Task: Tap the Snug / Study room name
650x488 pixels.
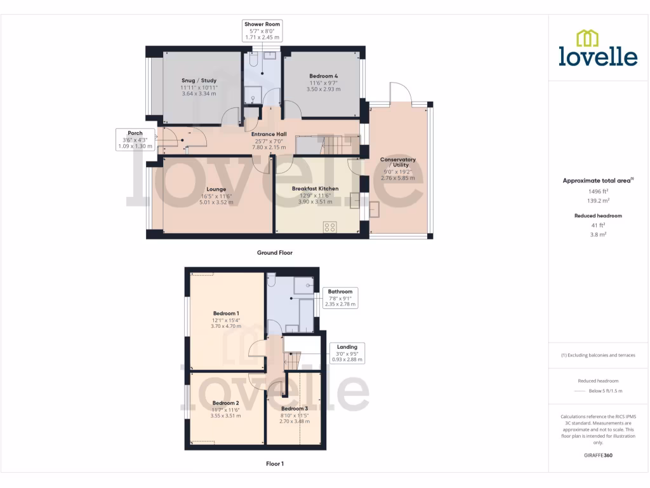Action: (x=199, y=81)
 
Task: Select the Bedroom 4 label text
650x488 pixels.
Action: (x=323, y=76)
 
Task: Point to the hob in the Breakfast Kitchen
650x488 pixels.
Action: (x=329, y=227)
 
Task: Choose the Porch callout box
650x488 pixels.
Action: (x=135, y=140)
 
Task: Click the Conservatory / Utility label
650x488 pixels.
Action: (x=397, y=162)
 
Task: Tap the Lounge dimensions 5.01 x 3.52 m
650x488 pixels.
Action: (x=216, y=203)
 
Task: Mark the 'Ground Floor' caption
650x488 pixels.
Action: (x=274, y=252)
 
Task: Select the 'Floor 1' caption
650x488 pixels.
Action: (x=274, y=464)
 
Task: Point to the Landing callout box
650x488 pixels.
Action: (x=347, y=353)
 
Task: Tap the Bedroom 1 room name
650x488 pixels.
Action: (x=225, y=313)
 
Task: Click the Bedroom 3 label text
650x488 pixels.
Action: (x=295, y=408)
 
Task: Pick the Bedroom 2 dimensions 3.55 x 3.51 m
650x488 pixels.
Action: (x=225, y=416)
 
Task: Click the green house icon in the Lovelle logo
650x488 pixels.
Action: (x=587, y=38)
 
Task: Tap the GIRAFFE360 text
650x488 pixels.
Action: (x=599, y=455)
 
